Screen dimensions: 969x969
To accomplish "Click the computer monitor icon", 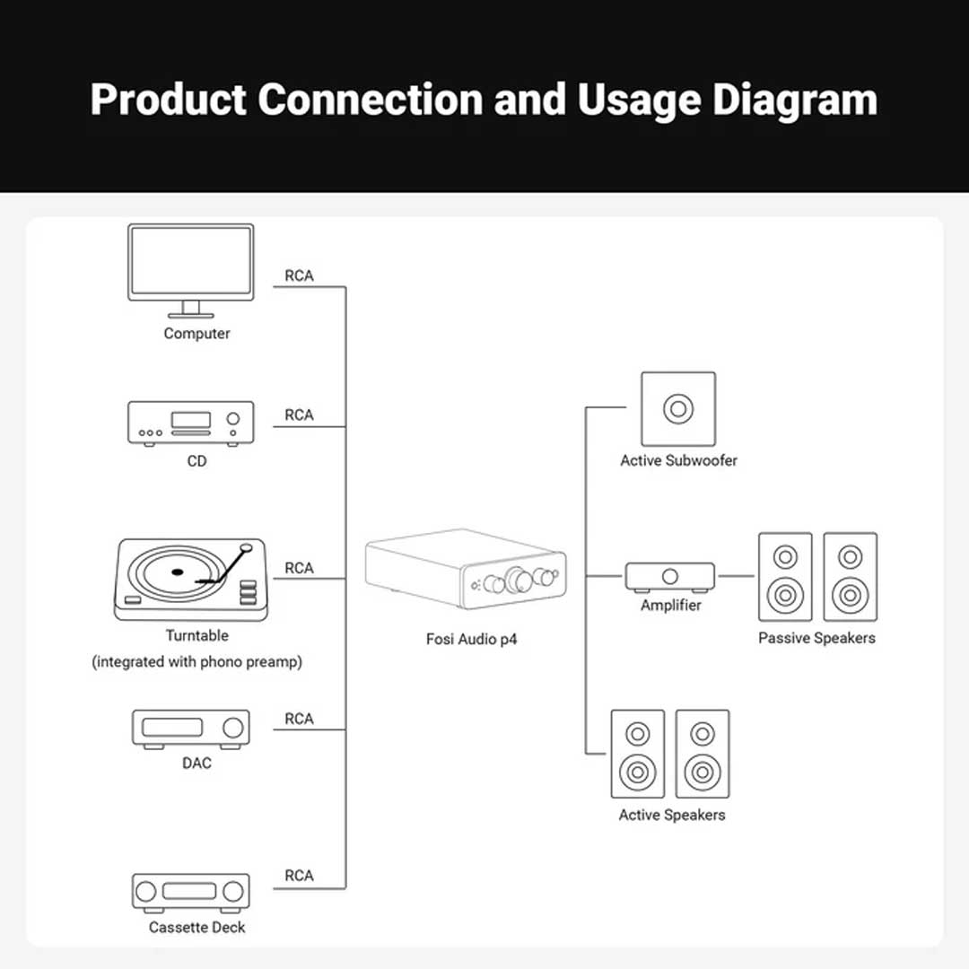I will pyautogui.click(x=191, y=266).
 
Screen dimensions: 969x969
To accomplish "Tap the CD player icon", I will pyautogui.click(x=191, y=423).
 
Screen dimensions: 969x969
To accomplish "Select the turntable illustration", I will pyautogui.click(x=190, y=580).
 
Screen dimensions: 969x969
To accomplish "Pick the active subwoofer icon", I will pyautogui.click(x=678, y=409).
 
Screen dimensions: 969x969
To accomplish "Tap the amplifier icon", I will pyautogui.click(x=669, y=577).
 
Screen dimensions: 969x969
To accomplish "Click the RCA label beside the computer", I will pyautogui.click(x=299, y=276).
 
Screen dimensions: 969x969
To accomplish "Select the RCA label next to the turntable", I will pyautogui.click(x=299, y=568).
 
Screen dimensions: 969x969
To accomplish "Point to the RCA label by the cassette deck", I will pyautogui.click(x=299, y=876).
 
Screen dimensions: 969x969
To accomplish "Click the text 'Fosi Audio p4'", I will pyautogui.click(x=471, y=640).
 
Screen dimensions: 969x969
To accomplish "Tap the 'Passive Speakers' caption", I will pyautogui.click(x=816, y=638).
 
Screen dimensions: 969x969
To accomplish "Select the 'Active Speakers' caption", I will pyautogui.click(x=672, y=815).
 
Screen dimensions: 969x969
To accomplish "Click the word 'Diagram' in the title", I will pyautogui.click(x=794, y=100).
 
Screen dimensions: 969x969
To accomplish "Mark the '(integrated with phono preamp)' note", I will pyautogui.click(x=197, y=662).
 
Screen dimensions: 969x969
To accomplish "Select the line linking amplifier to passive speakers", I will pyautogui.click(x=737, y=576).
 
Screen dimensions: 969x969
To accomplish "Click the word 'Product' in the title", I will pyautogui.click(x=168, y=100).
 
